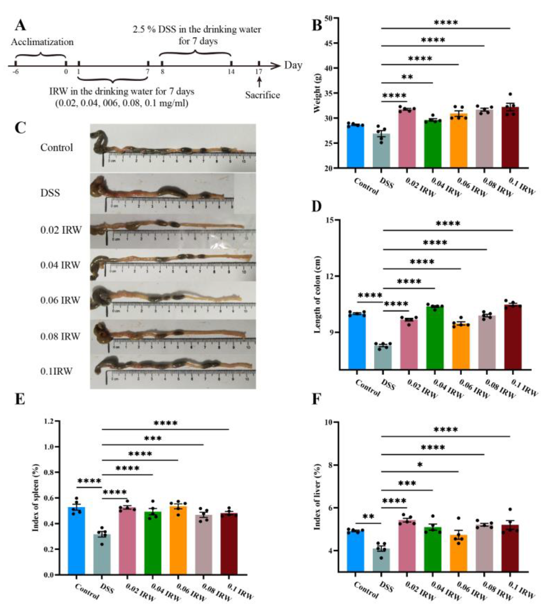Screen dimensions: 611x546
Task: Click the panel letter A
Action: [x=20, y=25]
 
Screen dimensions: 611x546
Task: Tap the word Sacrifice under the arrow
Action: [x=262, y=95]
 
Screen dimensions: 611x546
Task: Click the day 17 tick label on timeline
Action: [x=259, y=72]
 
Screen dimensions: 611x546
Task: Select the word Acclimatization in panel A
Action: [x=42, y=42]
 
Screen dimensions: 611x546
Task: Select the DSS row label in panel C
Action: [x=50, y=193]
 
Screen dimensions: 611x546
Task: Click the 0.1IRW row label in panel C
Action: [x=56, y=371]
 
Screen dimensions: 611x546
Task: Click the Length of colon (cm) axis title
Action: [x=317, y=294]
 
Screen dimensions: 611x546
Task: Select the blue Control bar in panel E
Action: [x=77, y=542]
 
